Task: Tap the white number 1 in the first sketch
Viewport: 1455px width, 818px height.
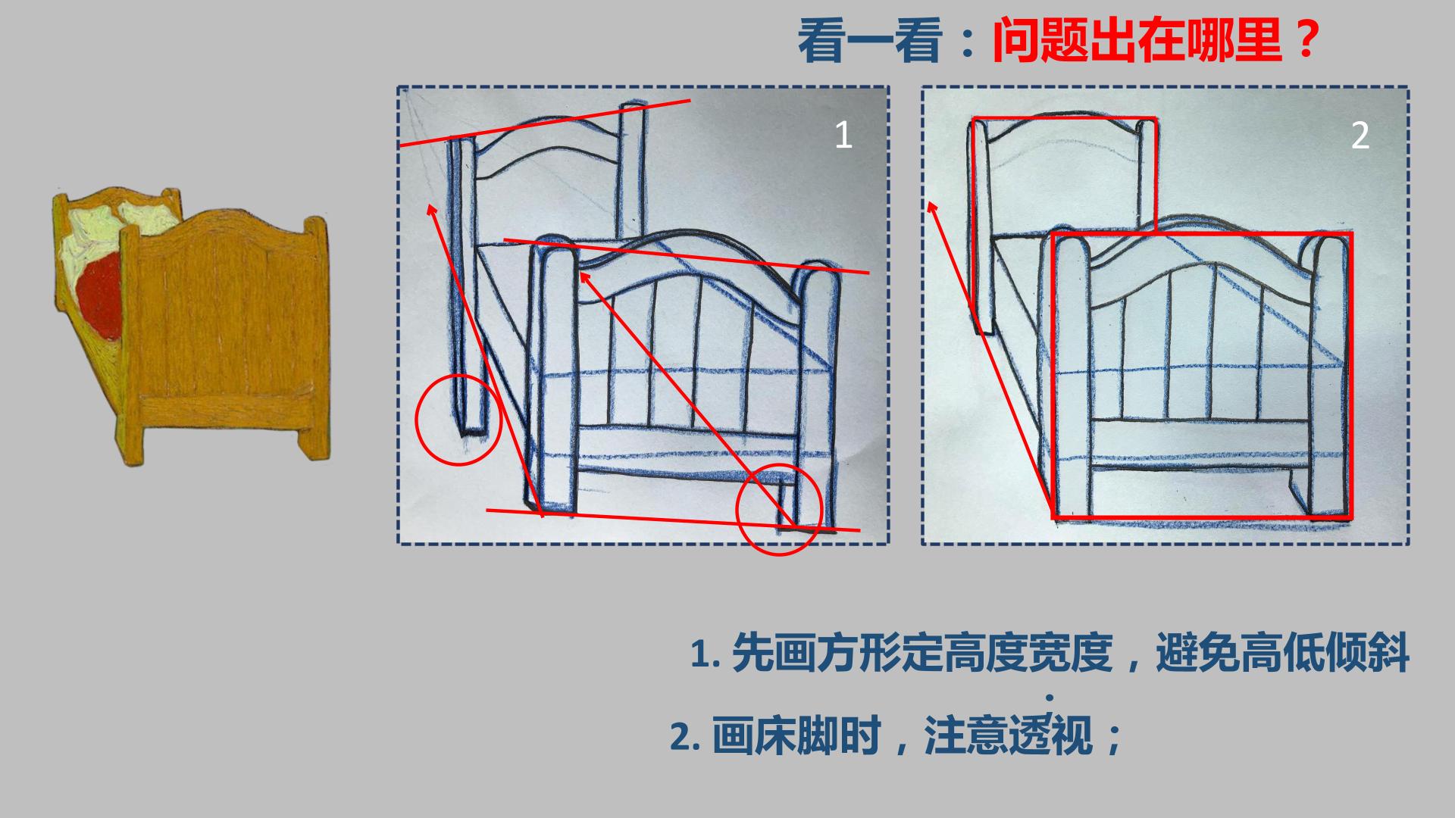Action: [843, 135]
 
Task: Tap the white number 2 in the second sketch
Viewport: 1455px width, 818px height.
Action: [1360, 136]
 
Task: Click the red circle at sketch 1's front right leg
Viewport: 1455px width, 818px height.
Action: [779, 511]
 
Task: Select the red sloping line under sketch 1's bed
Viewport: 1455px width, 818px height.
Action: [673, 520]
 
